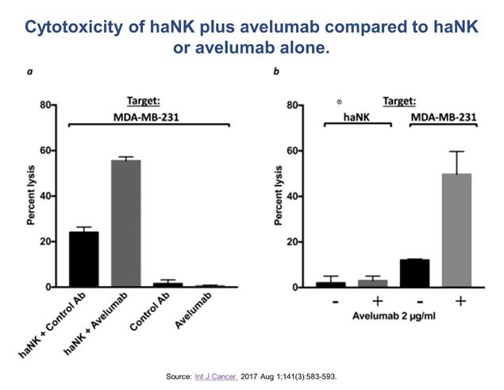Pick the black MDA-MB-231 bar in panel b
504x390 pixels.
(414, 272)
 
